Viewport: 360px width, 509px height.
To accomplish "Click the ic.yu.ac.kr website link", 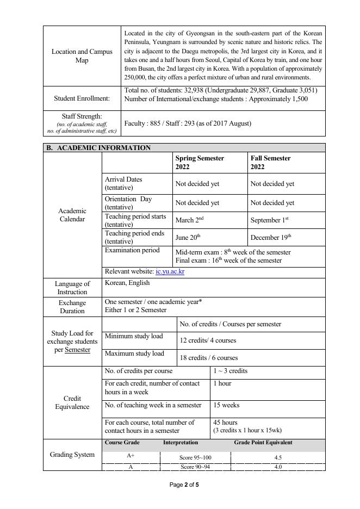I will click(x=170, y=272).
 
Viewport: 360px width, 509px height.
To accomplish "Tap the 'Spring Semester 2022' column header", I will click(x=200, y=163).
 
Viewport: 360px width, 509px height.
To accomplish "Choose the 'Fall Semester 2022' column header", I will click(x=271, y=163).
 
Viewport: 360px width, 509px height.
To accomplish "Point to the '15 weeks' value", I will click(x=226, y=405).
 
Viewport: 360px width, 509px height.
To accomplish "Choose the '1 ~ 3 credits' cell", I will click(x=230, y=371).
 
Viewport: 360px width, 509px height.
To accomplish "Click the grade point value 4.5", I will click(x=278, y=458).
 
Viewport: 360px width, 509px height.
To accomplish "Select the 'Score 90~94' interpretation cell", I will click(x=195, y=467).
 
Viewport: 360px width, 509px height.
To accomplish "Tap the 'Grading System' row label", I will click(x=72, y=454).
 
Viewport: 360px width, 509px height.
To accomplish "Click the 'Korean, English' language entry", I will click(x=127, y=283).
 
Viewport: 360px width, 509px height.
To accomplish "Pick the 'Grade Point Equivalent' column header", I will click(x=263, y=443).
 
